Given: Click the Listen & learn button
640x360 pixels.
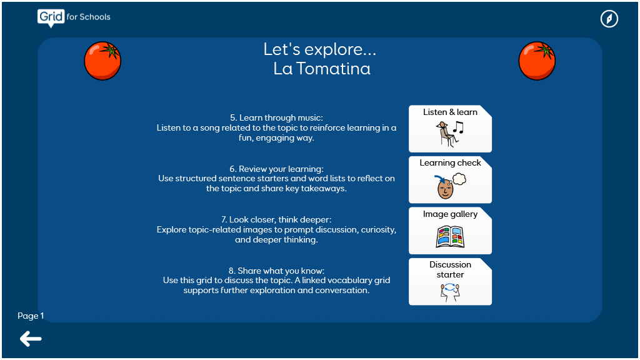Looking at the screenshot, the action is point(450,129).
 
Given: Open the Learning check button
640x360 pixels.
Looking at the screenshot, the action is point(450,179).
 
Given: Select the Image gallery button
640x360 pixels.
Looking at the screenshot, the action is point(450,231).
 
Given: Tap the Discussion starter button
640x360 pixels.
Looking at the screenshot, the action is point(450,282).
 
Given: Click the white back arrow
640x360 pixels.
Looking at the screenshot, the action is point(31,339).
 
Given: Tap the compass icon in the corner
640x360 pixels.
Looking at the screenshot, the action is point(609,19).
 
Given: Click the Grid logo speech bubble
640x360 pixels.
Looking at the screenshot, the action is point(51,18).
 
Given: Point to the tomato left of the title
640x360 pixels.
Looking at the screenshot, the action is point(102,61).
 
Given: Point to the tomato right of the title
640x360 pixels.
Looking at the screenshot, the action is point(537,61).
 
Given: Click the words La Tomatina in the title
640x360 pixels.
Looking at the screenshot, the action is point(322,69).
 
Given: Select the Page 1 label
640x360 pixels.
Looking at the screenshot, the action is point(31,316).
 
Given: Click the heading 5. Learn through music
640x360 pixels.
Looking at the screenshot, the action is point(276,117).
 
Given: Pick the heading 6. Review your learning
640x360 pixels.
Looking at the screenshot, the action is point(276,169).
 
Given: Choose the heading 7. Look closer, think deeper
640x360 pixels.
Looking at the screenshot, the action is point(276,219).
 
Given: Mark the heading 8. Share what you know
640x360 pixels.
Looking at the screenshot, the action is point(276,271).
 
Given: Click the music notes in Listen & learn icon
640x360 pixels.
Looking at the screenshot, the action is point(459,128).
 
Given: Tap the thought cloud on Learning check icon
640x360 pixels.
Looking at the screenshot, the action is point(459,179).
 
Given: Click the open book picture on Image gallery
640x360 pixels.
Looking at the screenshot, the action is point(450,237).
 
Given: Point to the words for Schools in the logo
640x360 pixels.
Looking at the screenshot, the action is point(89,17).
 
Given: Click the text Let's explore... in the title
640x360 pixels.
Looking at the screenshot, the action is point(319,49).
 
